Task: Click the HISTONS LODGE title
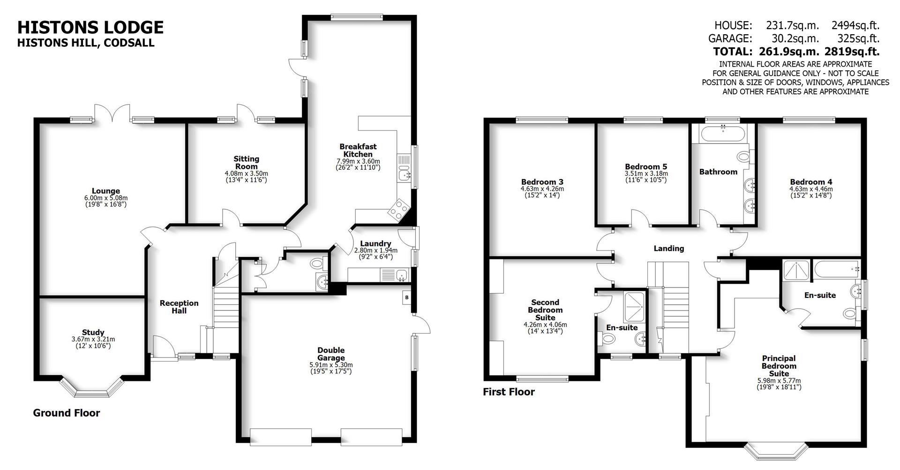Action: (x=90, y=27)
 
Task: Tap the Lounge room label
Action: (x=105, y=191)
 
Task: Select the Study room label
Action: (x=93, y=333)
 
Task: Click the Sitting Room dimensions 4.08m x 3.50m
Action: (x=246, y=173)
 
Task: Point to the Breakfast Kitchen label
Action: (x=358, y=150)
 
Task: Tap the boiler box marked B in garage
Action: (x=407, y=298)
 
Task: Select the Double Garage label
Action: (x=331, y=354)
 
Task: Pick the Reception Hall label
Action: (x=179, y=307)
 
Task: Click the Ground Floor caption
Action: (x=66, y=413)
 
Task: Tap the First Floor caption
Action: (x=509, y=392)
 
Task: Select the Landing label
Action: (x=668, y=248)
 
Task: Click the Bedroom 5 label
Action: (x=645, y=167)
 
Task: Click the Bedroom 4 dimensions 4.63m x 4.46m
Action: (x=811, y=189)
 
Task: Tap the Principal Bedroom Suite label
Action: (x=779, y=366)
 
